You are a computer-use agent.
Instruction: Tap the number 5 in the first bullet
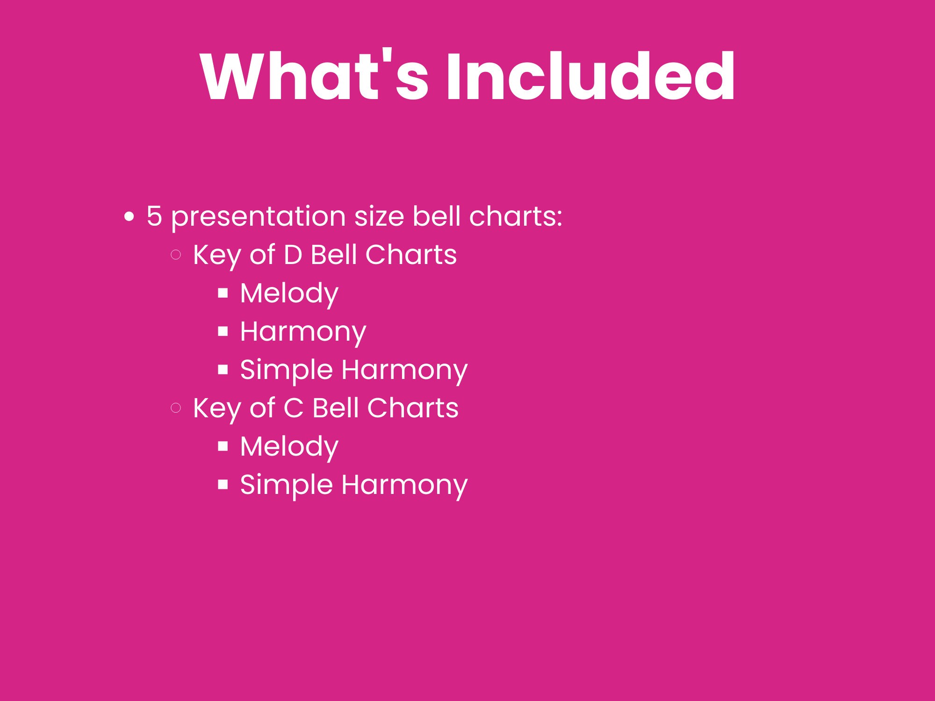pyautogui.click(x=154, y=216)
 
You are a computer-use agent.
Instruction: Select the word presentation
pyautogui.click(x=259, y=217)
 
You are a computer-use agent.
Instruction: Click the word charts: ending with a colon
pyautogui.click(x=515, y=216)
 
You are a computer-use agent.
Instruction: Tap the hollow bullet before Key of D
pyautogui.click(x=176, y=255)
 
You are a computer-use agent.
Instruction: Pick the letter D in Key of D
pyautogui.click(x=293, y=255)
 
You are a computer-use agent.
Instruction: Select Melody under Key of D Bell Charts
pyautogui.click(x=289, y=293)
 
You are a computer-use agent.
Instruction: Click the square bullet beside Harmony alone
pyautogui.click(x=223, y=332)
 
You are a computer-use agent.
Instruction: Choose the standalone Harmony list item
pyautogui.click(x=303, y=332)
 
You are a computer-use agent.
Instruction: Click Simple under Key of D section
pyautogui.click(x=286, y=370)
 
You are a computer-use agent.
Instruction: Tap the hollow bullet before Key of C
pyautogui.click(x=176, y=408)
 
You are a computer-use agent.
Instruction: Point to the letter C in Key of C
pyautogui.click(x=294, y=408)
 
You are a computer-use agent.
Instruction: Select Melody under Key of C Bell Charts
pyautogui.click(x=289, y=447)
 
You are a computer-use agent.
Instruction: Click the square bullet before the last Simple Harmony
pyautogui.click(x=223, y=485)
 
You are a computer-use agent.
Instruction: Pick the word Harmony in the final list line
pyautogui.click(x=404, y=485)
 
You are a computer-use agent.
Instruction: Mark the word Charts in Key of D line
pyautogui.click(x=410, y=255)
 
